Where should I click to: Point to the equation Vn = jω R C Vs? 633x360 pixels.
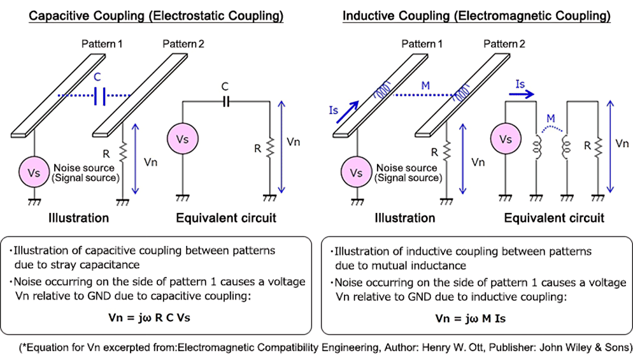coord(158,317)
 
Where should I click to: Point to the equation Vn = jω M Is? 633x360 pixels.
coord(471,317)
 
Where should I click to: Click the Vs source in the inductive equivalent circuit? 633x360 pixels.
coord(505,139)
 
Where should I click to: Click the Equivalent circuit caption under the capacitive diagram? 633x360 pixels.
coord(226,218)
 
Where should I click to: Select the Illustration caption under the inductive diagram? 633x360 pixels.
coord(404,218)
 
